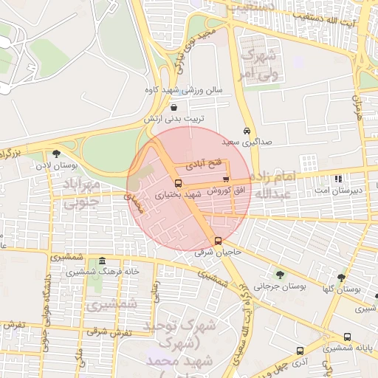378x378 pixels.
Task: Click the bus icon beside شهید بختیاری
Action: point(178,183)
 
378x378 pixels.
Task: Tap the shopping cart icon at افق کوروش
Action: point(226,179)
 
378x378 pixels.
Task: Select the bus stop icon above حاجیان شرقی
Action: point(218,241)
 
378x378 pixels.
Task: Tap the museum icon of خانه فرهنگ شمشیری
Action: point(101,261)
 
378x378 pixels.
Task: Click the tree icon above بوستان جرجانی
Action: point(279,274)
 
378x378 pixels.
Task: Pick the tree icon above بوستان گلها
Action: point(340,278)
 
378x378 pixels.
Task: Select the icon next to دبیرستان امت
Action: point(338,179)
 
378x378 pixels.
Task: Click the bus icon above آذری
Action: point(299,351)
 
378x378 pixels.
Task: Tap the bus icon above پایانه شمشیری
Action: point(347,337)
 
